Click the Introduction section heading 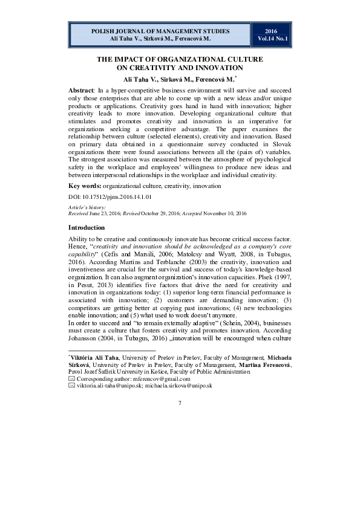coord(87,228)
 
